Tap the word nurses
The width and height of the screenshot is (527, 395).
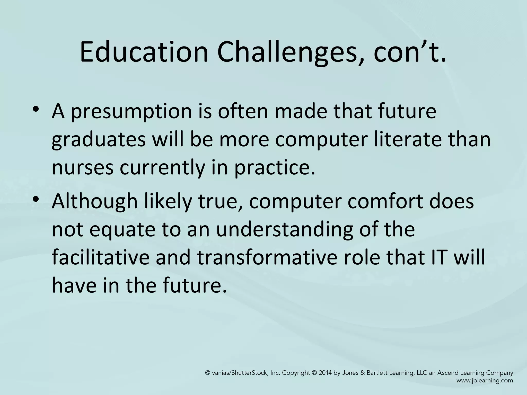point(83,168)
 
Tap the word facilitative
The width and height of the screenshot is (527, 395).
point(100,257)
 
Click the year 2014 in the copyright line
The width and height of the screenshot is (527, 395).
point(325,373)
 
